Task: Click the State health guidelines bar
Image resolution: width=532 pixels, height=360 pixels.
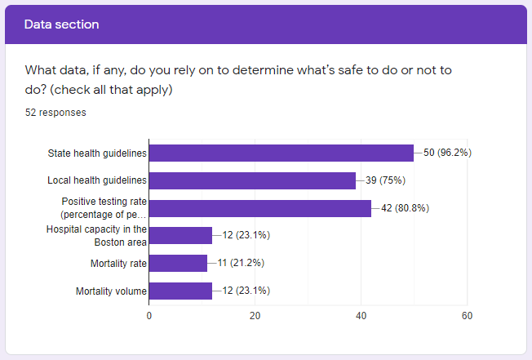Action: click(282, 153)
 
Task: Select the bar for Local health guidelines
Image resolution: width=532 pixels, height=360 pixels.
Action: click(252, 180)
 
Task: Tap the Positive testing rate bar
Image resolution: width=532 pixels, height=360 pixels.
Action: click(260, 208)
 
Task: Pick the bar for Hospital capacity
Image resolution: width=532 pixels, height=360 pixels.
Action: click(180, 236)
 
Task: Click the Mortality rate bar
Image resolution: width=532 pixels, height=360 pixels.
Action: click(178, 263)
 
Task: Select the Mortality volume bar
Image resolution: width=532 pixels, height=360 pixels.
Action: click(180, 291)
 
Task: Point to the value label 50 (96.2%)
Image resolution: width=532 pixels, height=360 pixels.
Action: click(447, 153)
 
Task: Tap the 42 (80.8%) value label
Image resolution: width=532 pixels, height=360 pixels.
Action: click(405, 208)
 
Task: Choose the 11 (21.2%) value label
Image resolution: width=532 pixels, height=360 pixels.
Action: click(240, 263)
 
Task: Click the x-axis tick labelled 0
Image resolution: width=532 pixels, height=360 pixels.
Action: click(149, 316)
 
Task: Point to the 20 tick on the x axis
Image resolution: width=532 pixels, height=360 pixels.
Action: click(255, 316)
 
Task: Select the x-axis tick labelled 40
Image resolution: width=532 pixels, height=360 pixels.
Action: click(361, 316)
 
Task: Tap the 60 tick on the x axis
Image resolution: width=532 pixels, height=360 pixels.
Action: click(467, 316)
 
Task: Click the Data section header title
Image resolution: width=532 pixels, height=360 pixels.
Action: click(61, 24)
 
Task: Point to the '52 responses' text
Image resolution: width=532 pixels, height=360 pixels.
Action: click(55, 113)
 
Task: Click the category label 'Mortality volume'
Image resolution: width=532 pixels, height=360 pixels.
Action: click(111, 291)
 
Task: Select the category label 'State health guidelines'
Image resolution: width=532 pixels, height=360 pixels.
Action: click(97, 153)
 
